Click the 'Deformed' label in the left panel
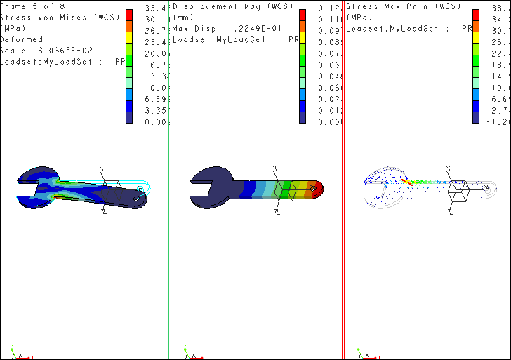click(22, 39)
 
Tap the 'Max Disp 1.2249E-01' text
click(227, 29)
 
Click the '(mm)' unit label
click(183, 18)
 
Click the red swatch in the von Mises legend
click(129, 15)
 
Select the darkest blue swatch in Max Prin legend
click(476, 118)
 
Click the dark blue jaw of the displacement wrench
click(211, 179)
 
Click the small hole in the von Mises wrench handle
click(135, 199)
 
